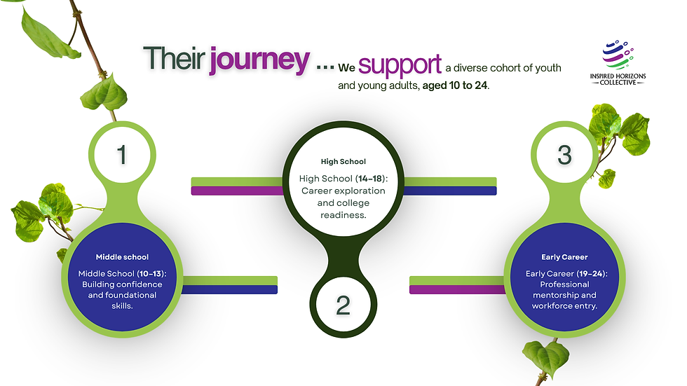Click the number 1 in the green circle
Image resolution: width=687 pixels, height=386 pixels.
click(x=122, y=155)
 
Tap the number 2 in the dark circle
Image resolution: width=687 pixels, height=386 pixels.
click(x=343, y=305)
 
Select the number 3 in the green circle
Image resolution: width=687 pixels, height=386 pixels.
click(x=565, y=155)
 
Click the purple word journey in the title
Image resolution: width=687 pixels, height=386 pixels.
click(x=259, y=60)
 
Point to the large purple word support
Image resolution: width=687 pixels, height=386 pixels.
click(x=400, y=65)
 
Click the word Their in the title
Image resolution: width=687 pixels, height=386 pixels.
click(x=175, y=58)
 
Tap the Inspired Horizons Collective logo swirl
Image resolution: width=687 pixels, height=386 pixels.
click(x=618, y=55)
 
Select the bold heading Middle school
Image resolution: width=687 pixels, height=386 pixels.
click(x=122, y=257)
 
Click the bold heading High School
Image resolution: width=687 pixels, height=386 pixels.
click(x=343, y=162)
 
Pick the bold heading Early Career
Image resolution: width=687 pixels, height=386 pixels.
click(x=564, y=257)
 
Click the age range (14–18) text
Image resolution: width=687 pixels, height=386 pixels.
click(x=372, y=179)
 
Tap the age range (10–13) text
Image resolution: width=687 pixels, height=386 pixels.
click(x=151, y=273)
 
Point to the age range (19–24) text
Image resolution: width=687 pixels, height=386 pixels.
click(x=592, y=273)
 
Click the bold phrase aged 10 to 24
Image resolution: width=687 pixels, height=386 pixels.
click(x=455, y=85)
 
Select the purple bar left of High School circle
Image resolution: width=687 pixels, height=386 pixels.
click(x=238, y=191)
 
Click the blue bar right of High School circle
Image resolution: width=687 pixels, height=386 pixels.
click(x=450, y=191)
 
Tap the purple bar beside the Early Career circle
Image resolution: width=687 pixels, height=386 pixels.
click(x=457, y=290)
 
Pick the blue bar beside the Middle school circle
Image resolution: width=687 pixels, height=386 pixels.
click(x=230, y=290)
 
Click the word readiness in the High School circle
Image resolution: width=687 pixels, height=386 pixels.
click(x=343, y=215)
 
